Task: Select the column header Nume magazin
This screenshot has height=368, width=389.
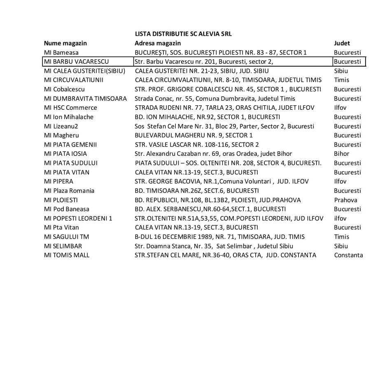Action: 65,43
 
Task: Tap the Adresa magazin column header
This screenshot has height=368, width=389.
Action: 158,43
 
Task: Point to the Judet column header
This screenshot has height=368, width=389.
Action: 342,43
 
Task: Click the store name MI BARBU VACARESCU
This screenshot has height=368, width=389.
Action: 76,62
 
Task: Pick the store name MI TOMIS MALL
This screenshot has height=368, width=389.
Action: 67,255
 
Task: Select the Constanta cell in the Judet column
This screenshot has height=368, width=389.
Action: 348,255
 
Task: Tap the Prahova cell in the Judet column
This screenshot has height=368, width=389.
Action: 345,200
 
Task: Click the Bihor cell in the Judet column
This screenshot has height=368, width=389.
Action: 341,154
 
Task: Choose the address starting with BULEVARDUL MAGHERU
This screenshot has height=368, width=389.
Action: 193,135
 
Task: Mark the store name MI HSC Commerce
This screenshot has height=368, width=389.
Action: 70,108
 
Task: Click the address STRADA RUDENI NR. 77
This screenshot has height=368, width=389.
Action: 224,108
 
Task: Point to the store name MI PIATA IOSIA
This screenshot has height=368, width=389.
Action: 65,154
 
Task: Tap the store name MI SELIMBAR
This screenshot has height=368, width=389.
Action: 63,246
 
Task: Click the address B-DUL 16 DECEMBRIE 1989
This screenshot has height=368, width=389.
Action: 219,236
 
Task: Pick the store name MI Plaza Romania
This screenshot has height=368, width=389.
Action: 69,191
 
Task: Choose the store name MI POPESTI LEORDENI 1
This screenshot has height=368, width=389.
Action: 78,218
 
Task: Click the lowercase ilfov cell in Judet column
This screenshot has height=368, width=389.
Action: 340,218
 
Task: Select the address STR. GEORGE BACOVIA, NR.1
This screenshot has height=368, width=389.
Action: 221,181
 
